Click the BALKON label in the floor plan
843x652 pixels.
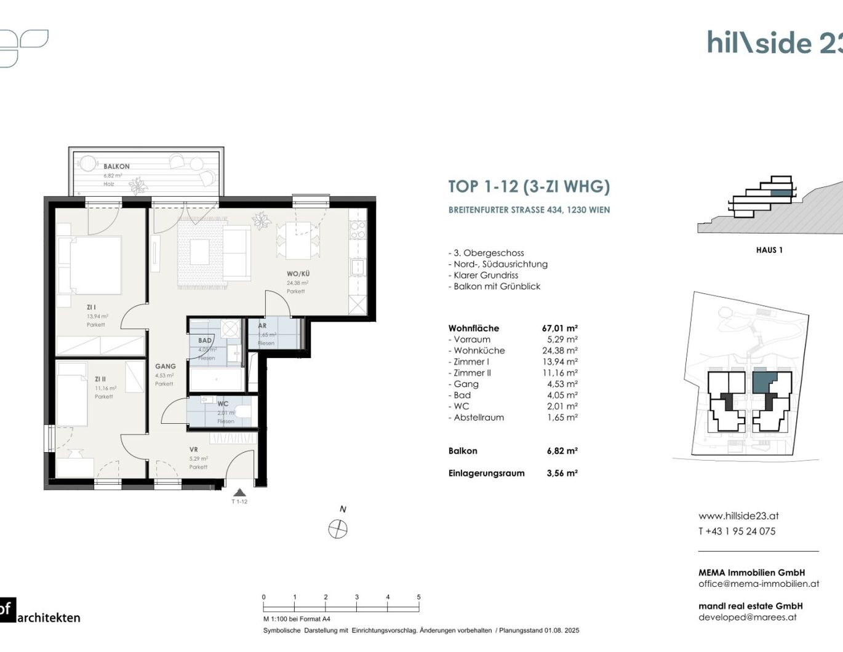(x=116, y=166)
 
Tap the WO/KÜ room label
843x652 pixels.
(x=298, y=274)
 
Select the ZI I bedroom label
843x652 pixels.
(x=91, y=307)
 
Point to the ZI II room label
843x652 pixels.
(x=100, y=379)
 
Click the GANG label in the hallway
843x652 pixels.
(x=165, y=366)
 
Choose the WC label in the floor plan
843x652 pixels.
(x=223, y=404)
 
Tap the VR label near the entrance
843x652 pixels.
(x=194, y=450)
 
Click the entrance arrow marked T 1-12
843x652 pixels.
(x=239, y=493)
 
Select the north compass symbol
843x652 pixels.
(x=338, y=528)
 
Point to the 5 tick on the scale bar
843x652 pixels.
(x=418, y=597)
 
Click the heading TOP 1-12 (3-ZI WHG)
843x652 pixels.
(x=529, y=186)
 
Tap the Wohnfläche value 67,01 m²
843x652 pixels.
(x=559, y=328)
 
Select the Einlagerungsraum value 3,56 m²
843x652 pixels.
(x=562, y=473)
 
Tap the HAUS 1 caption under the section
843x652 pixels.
(x=769, y=250)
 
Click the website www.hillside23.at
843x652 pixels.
(x=738, y=516)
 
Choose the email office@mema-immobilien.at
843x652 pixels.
(x=758, y=584)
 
